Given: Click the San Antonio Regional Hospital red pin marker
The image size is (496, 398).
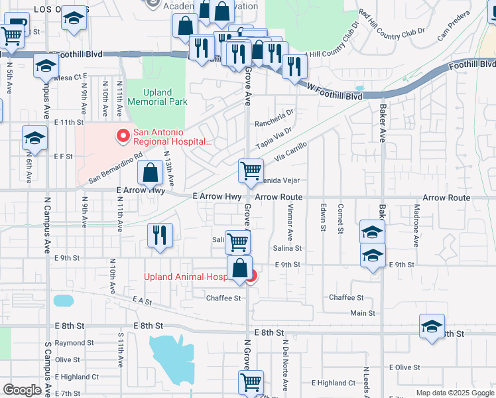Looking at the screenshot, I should click(x=123, y=137).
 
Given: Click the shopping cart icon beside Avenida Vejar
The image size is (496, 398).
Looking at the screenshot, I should click(x=251, y=170).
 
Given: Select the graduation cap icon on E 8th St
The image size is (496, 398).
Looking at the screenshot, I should click(x=432, y=326).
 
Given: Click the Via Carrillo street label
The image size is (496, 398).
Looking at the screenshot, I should click(x=290, y=152).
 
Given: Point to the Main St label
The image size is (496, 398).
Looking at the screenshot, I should click(x=363, y=313).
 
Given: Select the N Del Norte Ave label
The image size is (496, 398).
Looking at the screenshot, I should click(x=284, y=365).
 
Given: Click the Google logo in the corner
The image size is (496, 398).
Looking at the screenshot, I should click(x=23, y=390).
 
